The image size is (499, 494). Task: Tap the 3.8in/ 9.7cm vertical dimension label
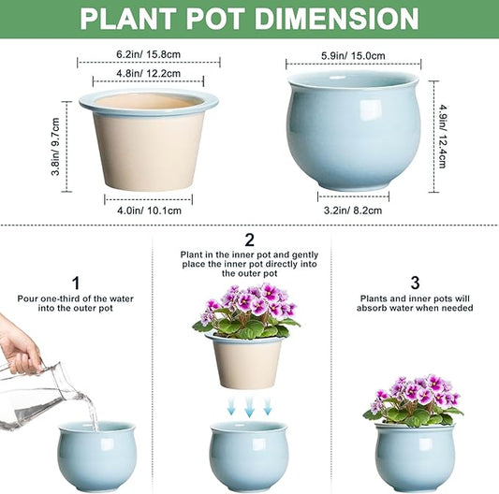[x=56, y=147]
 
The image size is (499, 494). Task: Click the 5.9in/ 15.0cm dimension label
[x=354, y=55]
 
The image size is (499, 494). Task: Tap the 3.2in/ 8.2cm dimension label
[x=353, y=211]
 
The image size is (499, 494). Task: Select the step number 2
[x=248, y=240]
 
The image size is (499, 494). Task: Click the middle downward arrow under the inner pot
[x=248, y=405]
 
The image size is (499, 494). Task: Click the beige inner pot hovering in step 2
[x=248, y=360]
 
